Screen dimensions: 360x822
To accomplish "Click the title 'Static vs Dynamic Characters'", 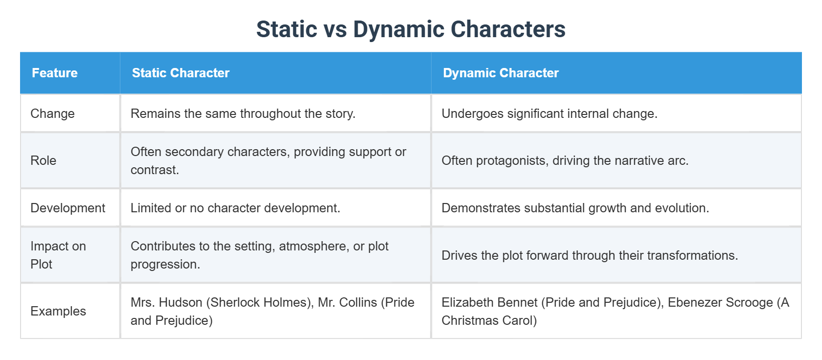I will click(x=411, y=29).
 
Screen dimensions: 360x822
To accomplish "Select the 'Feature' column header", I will click(x=55, y=73).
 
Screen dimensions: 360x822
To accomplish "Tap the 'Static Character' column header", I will click(x=181, y=73).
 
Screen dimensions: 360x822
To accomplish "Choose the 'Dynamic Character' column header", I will click(x=501, y=73).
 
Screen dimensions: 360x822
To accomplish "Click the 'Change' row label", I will click(x=52, y=113).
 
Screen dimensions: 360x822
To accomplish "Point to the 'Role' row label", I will click(x=43, y=160).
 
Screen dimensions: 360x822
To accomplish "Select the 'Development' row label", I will click(x=68, y=208).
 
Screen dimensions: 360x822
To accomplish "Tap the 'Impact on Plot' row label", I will click(x=58, y=255).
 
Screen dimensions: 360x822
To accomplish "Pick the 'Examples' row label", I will click(x=58, y=311).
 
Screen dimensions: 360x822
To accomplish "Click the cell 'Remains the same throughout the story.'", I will click(x=243, y=113).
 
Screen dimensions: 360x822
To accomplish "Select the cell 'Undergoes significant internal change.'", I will click(x=549, y=113).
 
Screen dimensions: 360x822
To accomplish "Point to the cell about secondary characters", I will click(x=268, y=160).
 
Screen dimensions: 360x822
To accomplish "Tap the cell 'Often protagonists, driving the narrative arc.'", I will click(x=565, y=160).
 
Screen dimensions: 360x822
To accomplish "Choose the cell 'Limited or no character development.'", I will click(x=235, y=208).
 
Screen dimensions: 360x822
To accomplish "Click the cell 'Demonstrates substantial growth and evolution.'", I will click(x=575, y=208).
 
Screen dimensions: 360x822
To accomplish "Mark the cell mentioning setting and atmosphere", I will click(x=259, y=255).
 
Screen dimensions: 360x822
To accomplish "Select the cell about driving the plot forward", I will click(x=590, y=255).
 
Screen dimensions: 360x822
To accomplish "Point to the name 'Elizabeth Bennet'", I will click(x=489, y=302).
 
